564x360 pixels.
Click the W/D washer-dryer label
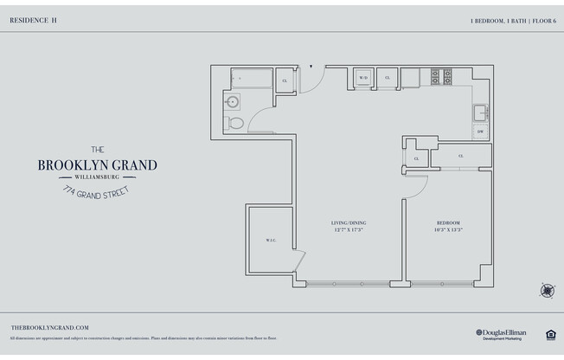(363, 78)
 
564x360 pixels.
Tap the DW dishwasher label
(480, 131)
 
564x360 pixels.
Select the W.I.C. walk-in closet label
(269, 241)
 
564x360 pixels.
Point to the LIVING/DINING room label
(349, 223)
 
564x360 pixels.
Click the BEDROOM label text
(448, 223)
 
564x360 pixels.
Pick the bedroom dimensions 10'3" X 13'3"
(448, 230)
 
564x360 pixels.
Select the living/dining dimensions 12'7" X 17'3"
(349, 230)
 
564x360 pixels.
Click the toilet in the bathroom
(235, 123)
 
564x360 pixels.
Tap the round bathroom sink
(232, 101)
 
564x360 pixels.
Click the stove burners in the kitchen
(441, 77)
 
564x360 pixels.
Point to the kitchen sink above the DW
(480, 112)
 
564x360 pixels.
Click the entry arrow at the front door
(311, 66)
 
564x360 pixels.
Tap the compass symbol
(547, 290)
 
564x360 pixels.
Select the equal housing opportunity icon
(549, 333)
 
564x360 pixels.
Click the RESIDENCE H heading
(34, 18)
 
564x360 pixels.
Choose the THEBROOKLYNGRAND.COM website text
(50, 327)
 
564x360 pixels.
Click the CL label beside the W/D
(387, 78)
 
